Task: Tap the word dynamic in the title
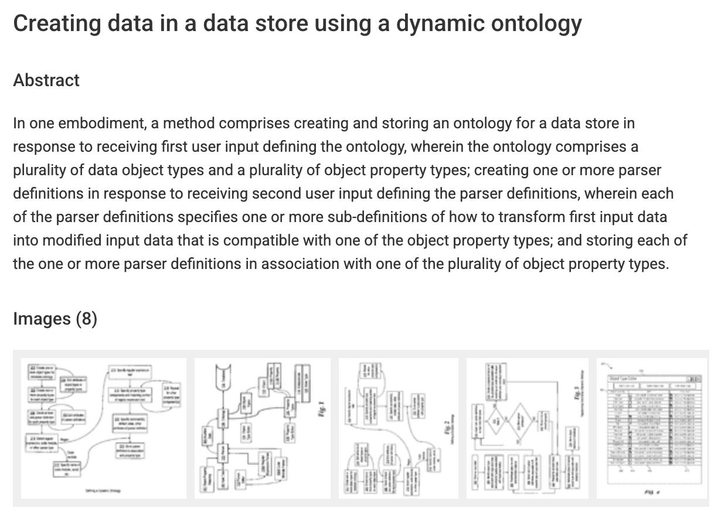[x=447, y=24]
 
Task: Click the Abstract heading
[x=46, y=80]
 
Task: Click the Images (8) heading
[x=55, y=319]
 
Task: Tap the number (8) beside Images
[x=86, y=319]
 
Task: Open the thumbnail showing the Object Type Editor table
[x=652, y=428]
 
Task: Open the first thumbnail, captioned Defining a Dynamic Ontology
[x=103, y=428]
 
